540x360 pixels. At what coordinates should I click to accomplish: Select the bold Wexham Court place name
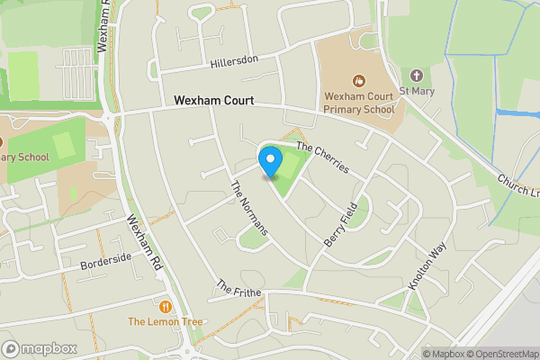213,101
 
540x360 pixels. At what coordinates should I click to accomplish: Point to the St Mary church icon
416,76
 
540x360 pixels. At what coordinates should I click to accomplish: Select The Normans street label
249,208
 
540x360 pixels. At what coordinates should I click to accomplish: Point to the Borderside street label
105,261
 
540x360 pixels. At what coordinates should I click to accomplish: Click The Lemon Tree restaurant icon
164,307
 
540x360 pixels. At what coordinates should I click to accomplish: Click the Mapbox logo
40,348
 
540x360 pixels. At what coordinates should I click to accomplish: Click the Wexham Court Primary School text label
358,103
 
